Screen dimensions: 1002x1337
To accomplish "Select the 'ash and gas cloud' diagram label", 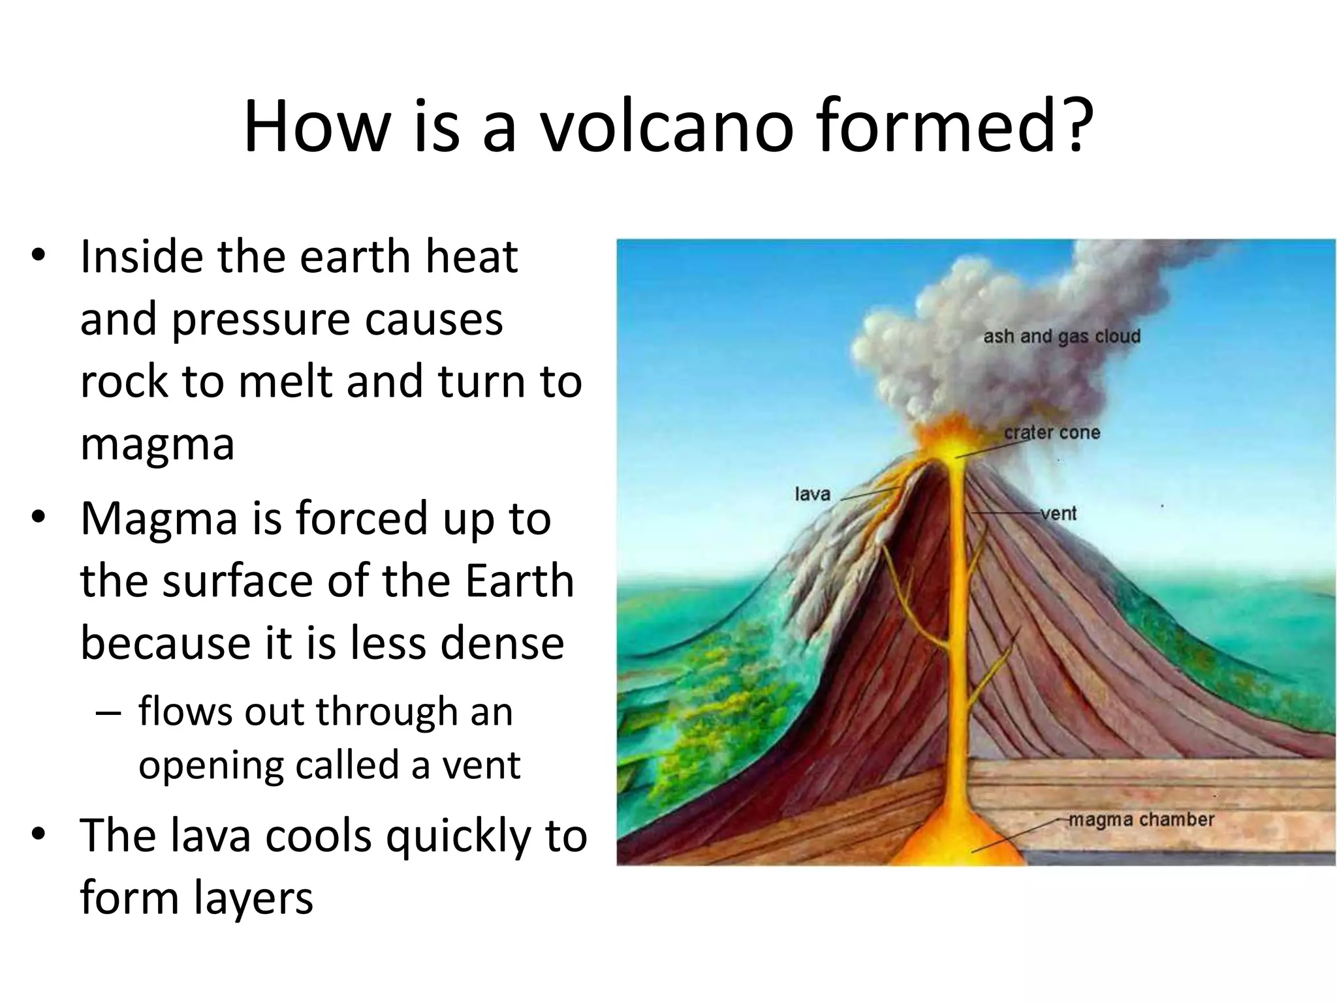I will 1062,337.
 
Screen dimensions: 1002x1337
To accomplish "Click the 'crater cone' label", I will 1052,433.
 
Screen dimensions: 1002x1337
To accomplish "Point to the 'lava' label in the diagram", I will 812,494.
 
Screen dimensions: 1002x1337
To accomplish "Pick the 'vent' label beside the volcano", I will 1058,513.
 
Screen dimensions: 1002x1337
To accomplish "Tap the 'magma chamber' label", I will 1140,819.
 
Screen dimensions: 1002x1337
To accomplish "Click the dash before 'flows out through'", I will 108,712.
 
